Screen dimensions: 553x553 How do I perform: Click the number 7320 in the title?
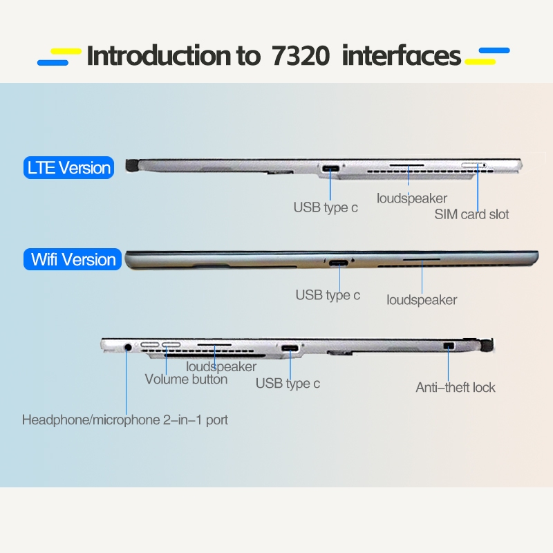pos(301,56)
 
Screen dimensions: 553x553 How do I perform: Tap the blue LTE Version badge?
pos(68,167)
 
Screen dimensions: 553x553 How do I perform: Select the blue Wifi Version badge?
pos(73,259)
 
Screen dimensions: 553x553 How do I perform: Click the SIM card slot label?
pos(471,214)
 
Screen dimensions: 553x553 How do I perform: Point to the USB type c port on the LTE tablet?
pos(330,168)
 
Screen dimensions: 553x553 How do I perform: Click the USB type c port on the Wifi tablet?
pos(339,263)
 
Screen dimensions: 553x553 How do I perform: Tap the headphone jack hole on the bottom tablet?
pos(129,348)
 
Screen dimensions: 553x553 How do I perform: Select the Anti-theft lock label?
pos(456,388)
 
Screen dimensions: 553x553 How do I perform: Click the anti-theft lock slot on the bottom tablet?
pos(449,346)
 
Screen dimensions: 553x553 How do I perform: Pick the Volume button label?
pos(186,379)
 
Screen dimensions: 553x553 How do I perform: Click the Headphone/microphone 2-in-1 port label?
pos(125,420)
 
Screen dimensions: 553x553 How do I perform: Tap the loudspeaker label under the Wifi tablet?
pos(422,300)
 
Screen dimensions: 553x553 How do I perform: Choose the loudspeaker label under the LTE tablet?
pos(412,198)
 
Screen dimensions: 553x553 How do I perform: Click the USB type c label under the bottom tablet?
pos(288,384)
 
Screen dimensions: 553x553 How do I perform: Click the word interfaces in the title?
pos(402,56)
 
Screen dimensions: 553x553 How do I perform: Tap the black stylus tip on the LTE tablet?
pos(131,165)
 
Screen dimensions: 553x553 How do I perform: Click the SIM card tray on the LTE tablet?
pos(474,165)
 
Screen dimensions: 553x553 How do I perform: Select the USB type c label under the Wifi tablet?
pos(328,295)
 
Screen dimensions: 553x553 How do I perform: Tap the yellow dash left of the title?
pos(66,51)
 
